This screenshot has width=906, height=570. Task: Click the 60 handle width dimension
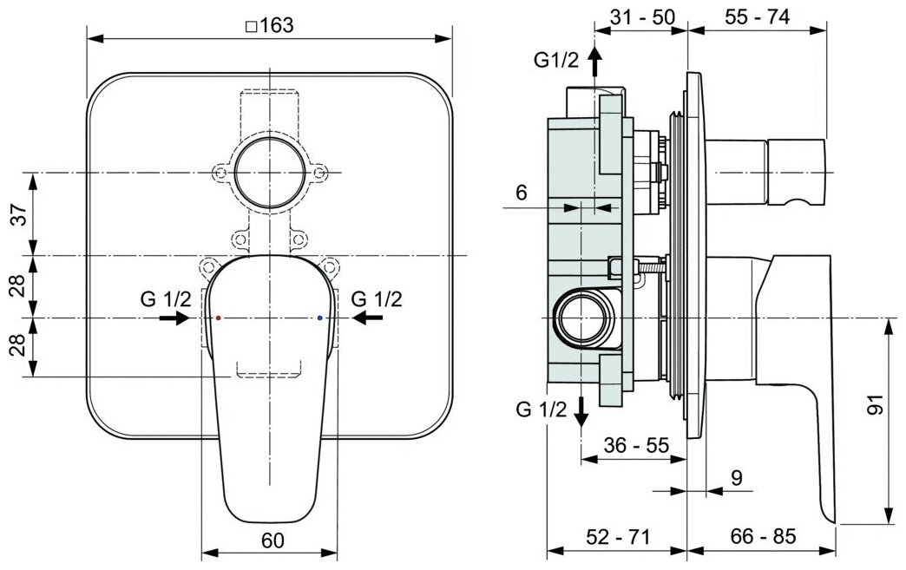click(x=272, y=540)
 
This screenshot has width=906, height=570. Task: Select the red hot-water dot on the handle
click(x=218, y=318)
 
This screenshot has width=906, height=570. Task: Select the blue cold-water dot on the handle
click(x=321, y=318)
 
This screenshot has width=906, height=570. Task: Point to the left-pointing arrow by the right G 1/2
click(x=368, y=318)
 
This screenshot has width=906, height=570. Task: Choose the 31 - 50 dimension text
click(x=643, y=18)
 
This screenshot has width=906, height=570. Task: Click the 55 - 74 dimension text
click(x=758, y=18)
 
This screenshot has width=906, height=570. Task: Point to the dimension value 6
click(x=521, y=193)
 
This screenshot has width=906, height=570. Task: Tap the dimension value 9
click(x=737, y=478)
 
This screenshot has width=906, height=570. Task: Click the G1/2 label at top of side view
click(x=556, y=59)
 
